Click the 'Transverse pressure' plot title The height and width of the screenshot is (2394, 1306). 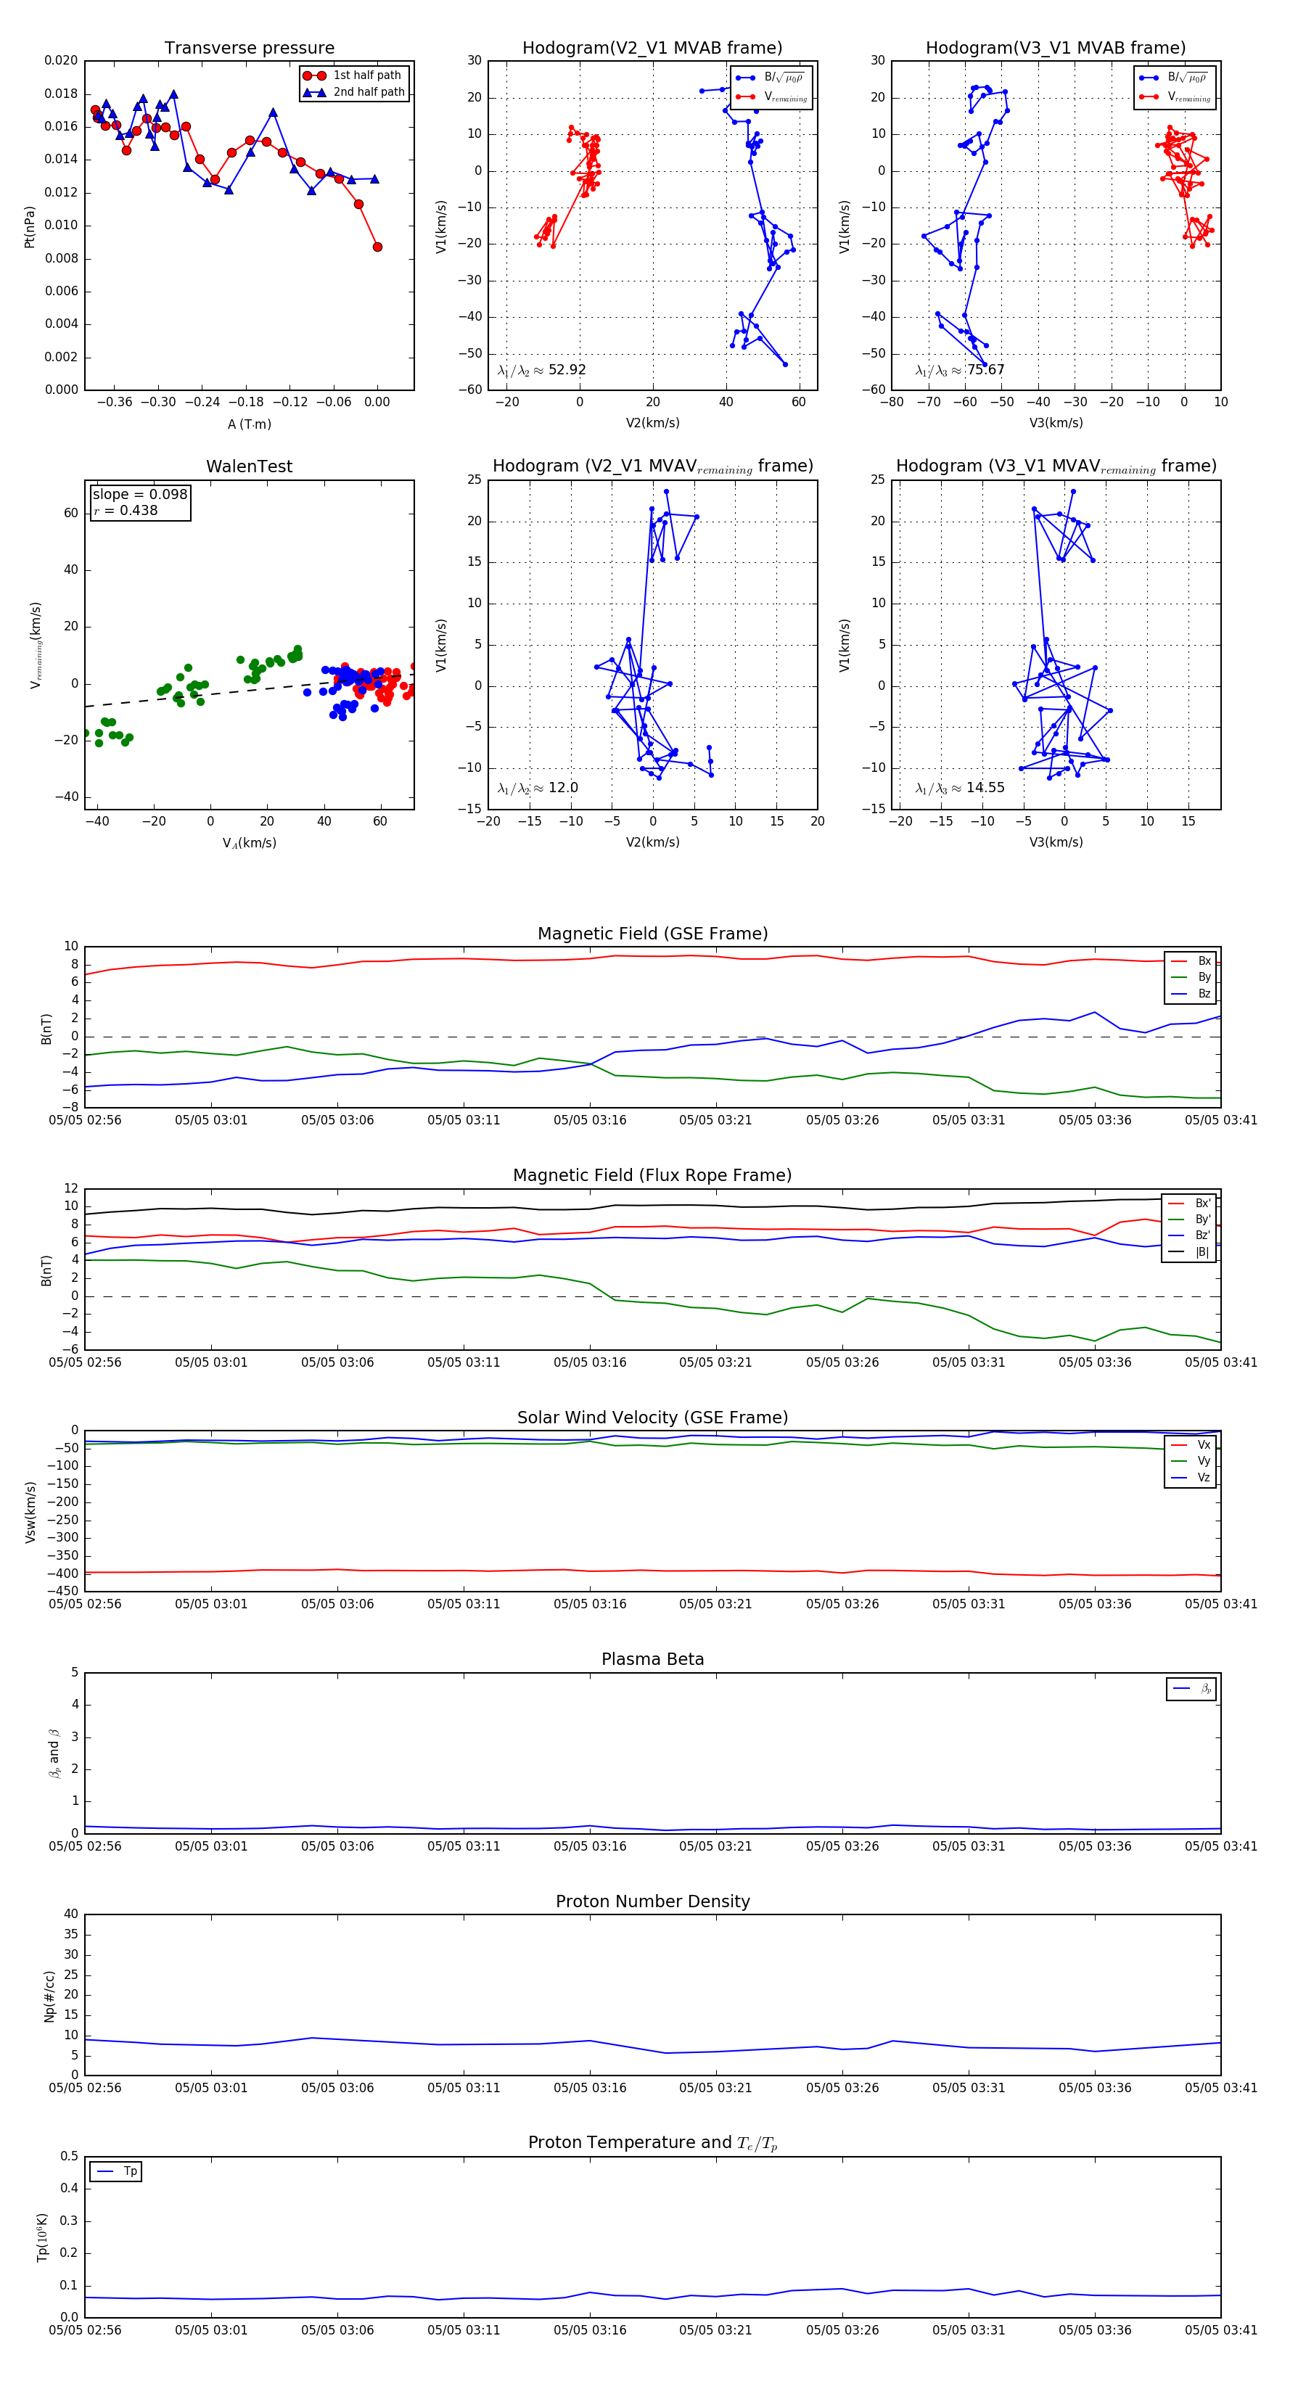249,49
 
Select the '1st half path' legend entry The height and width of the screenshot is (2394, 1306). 367,75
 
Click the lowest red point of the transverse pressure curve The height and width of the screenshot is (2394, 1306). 377,247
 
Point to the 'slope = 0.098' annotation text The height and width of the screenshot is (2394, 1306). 139,495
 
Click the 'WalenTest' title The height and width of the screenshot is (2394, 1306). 249,466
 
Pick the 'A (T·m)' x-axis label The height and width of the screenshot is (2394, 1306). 249,424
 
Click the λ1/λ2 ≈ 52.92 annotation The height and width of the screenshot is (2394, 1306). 541,370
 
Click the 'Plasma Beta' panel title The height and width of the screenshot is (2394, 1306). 652,1660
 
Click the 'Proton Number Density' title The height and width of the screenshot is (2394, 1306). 652,1901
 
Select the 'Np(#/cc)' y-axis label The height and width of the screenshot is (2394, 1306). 49,1996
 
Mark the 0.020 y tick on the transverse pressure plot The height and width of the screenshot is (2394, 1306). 62,60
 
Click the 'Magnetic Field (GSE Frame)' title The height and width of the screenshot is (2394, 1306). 652,934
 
